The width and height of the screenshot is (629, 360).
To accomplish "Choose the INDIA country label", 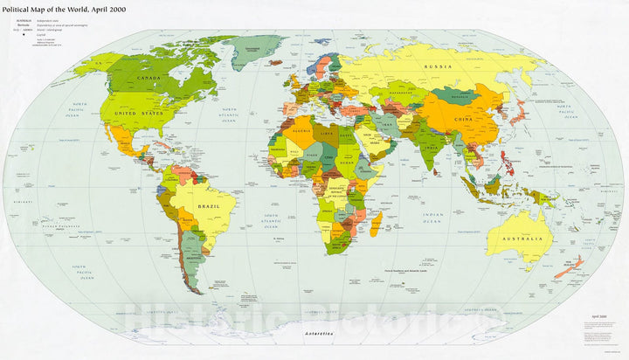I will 430,147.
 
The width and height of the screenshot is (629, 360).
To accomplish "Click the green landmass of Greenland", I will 257,48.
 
